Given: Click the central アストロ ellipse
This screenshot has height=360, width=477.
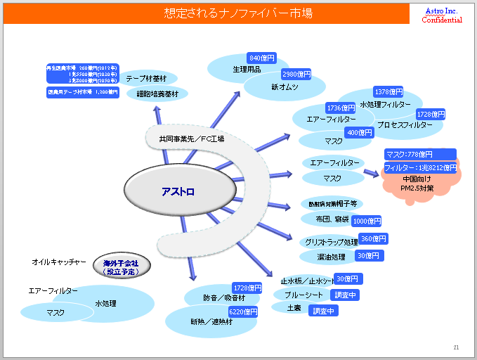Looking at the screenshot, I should coord(178,191).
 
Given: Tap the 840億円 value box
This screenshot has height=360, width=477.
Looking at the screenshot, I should coord(262,58).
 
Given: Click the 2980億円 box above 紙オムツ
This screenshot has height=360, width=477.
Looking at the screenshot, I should coord(296,74).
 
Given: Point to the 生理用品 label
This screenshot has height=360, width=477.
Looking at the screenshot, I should coord(247,70).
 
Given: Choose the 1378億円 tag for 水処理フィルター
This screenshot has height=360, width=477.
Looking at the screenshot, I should coord(388,92).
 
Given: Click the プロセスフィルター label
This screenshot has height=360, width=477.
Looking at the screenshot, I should coord(404,124).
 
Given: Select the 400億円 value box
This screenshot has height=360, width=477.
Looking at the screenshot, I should coord(360,133).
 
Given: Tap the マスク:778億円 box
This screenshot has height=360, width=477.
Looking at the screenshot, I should coord(419,154).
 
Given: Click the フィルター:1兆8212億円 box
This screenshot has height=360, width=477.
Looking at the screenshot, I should coord(420,168).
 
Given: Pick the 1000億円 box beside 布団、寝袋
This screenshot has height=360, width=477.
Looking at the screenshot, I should coord(366,221).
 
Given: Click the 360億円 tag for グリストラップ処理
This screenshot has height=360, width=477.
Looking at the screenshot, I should coord(373,239).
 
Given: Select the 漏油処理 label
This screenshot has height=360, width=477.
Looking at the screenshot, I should coord(330,257).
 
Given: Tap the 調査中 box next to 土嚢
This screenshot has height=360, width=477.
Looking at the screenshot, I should coord(324,311).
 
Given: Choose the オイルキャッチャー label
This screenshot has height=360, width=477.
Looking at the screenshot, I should coord(59,262).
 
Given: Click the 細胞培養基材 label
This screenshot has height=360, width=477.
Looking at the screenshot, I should coord(157,94).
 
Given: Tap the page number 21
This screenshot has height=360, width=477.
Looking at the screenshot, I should coord(456,347).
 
